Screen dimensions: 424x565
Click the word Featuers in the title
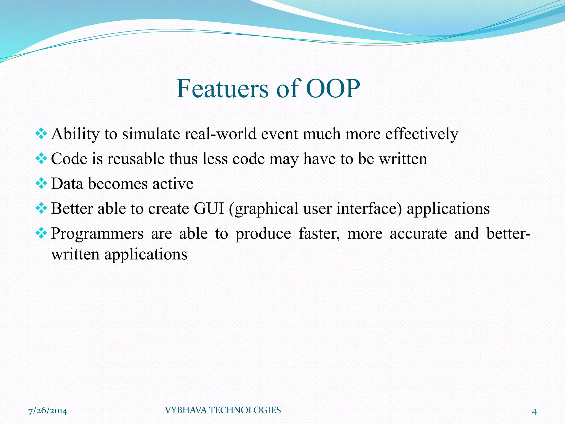coord(222,89)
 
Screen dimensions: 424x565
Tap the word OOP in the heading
coord(333,89)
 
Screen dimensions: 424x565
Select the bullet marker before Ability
coord(41,134)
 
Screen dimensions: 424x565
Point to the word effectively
coord(422,134)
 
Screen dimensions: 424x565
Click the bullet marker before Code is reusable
coord(41,159)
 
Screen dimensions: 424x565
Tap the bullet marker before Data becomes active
coord(41,184)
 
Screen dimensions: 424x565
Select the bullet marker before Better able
coord(41,208)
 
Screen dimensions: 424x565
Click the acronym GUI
coord(209,209)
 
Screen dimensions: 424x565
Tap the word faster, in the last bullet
coord(319,234)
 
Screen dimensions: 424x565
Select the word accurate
coord(418,234)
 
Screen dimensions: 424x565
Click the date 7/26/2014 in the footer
coord(48,411)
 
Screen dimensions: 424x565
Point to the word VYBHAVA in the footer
coord(185,410)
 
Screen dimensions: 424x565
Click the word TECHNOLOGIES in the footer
coord(245,410)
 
